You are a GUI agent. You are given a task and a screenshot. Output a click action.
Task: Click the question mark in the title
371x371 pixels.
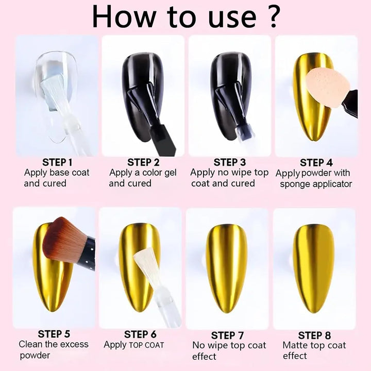273,16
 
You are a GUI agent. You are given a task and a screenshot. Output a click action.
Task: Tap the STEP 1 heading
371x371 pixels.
57,162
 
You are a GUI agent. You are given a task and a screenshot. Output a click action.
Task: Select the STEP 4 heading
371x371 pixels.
316,163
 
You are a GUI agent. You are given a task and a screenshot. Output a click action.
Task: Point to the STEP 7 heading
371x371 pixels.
227,335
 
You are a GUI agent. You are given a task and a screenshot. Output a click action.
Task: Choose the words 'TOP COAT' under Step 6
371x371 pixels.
147,345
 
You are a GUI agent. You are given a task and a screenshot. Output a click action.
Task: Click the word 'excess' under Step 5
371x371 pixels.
74,344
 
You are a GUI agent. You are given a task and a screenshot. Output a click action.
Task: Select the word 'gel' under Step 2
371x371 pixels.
171,173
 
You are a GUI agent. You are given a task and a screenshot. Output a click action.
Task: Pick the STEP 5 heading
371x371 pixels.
54,334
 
